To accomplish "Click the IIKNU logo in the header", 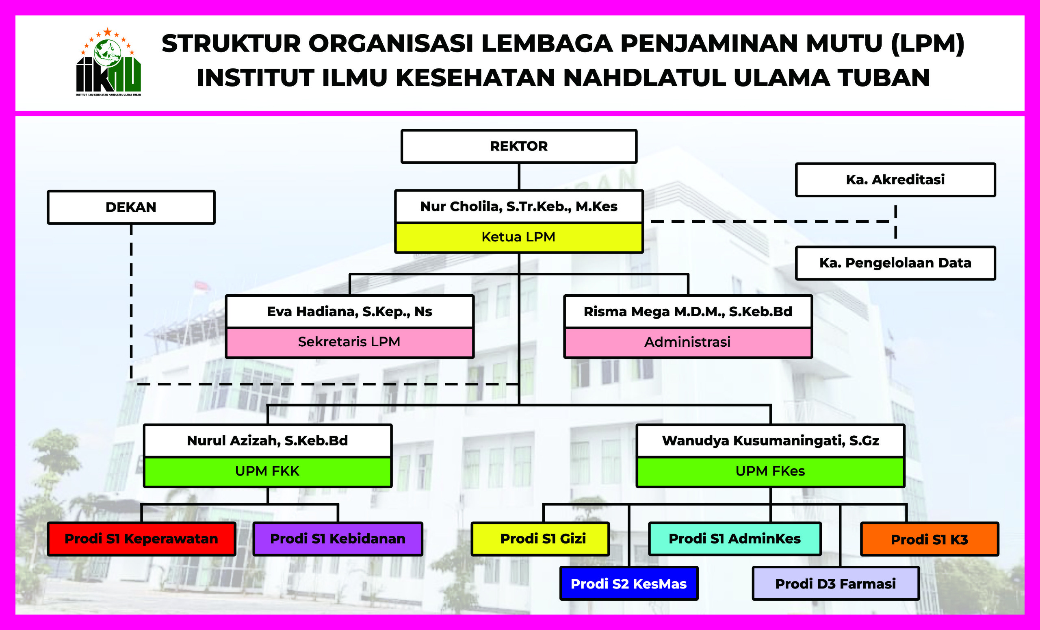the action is click(108, 62).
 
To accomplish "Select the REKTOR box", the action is click(519, 146).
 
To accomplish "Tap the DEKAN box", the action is click(131, 207).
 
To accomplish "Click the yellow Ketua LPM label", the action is click(519, 237).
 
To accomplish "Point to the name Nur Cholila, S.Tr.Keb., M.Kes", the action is click(519, 206).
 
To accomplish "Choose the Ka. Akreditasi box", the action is click(895, 180).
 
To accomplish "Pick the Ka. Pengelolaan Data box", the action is click(895, 263).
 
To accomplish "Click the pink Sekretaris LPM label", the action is click(349, 342).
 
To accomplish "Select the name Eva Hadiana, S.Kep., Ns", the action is click(349, 312).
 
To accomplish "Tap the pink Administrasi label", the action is click(687, 342).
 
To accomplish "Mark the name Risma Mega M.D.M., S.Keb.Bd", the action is click(687, 312).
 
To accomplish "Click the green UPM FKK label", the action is click(268, 471).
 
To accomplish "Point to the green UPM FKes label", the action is click(770, 471).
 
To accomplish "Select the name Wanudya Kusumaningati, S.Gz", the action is click(770, 441).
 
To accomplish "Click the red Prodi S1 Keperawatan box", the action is click(141, 539).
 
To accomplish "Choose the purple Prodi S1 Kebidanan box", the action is click(338, 539).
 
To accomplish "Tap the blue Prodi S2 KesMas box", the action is click(628, 584).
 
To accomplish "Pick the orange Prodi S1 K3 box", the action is click(929, 539).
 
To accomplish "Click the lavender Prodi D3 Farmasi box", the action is click(835, 584).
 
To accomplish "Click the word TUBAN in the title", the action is click(884, 78).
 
